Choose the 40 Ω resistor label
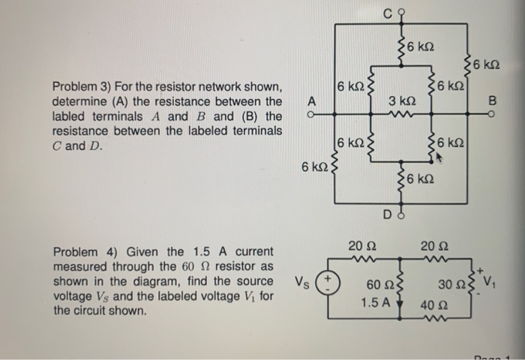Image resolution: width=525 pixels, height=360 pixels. pyautogui.click(x=430, y=306)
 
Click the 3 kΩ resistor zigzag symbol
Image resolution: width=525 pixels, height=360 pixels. pyautogui.click(x=403, y=115)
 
